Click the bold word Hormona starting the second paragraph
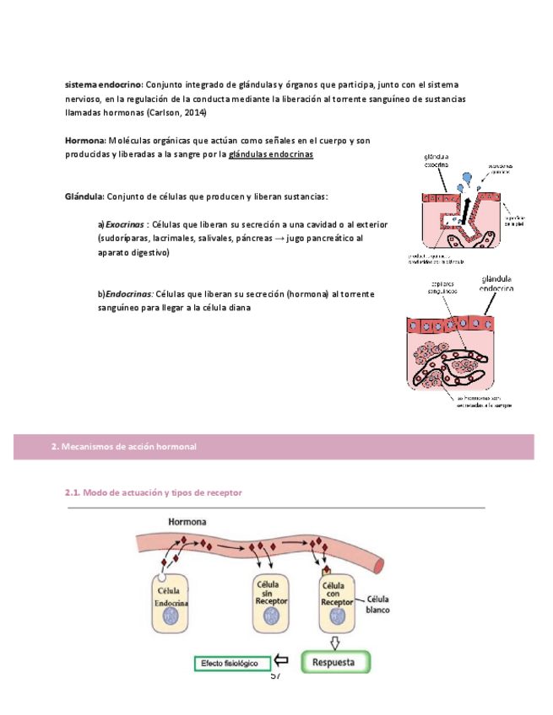[x=84, y=140]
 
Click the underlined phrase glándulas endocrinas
[x=270, y=154]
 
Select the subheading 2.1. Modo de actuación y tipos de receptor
[x=154, y=492]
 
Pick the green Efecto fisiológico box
[x=232, y=664]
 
